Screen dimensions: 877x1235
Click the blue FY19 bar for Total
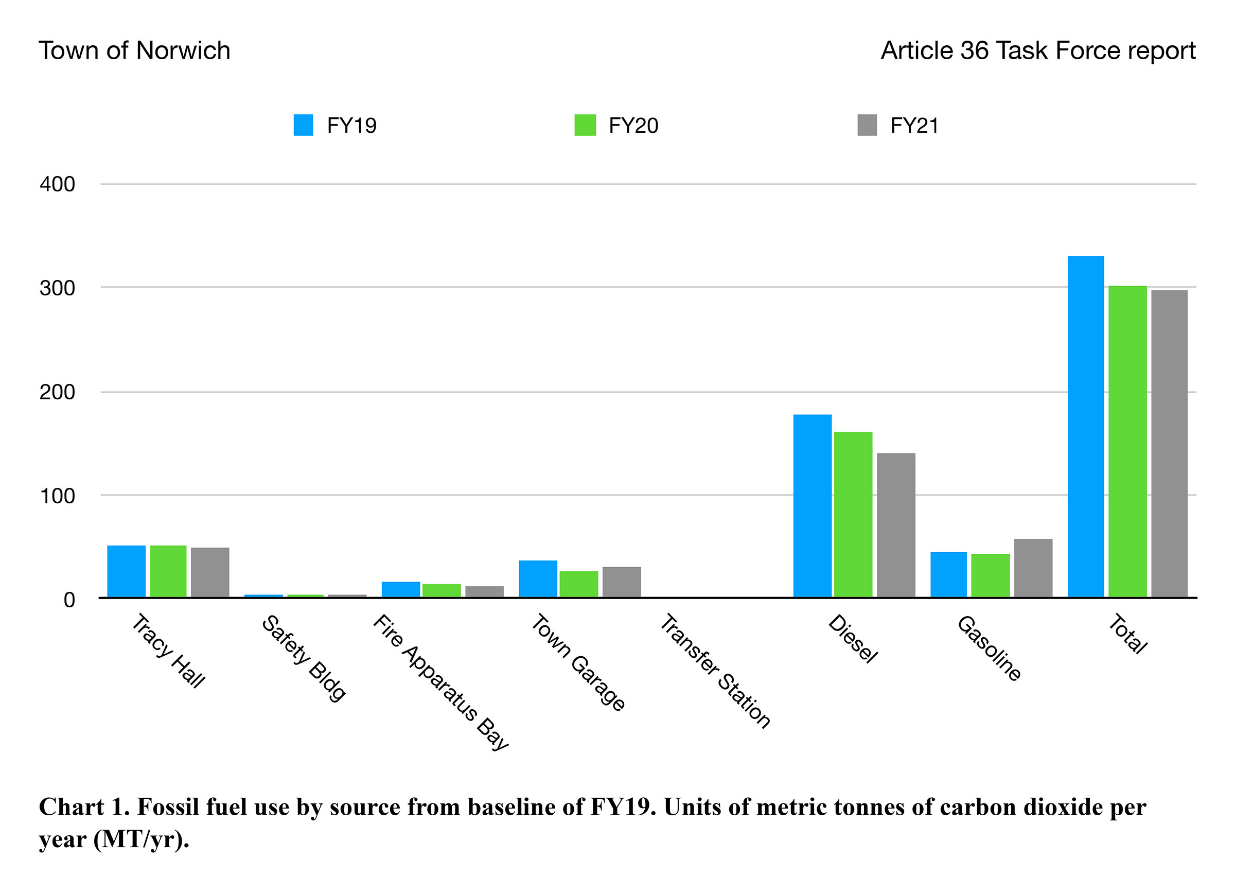tap(1085, 427)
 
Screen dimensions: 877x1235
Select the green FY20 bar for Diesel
tap(853, 514)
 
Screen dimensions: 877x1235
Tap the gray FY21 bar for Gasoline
tap(1033, 568)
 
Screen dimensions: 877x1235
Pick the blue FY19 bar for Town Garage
tap(538, 579)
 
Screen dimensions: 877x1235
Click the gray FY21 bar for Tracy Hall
tap(209, 572)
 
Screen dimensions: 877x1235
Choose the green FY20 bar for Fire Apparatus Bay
tap(441, 590)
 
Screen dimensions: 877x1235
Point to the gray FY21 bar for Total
tap(1169, 444)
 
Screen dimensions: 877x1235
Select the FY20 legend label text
tap(632, 126)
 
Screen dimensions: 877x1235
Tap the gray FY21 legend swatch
tap(867, 125)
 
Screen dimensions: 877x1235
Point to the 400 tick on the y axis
tap(57, 184)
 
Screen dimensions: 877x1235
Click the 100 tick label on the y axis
tap(57, 496)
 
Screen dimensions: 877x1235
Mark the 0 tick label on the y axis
tap(69, 600)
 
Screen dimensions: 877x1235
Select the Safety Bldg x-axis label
tap(304, 658)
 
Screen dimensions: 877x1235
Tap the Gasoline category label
tap(989, 648)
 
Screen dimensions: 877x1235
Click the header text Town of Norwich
tap(134, 51)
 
